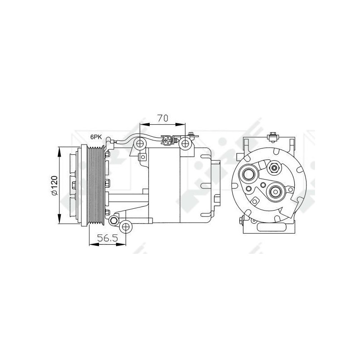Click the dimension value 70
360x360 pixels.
click(162, 118)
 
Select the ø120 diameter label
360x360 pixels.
click(54, 185)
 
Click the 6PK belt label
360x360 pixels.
click(96, 136)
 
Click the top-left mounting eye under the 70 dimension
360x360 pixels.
click(140, 144)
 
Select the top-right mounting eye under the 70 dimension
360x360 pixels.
click(185, 144)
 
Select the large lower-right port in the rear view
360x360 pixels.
click(274, 193)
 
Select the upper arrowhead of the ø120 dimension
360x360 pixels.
click(60, 149)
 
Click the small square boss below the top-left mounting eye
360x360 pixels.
click(143, 157)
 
